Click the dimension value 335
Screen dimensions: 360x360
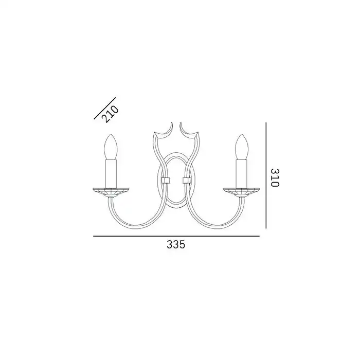(x=176, y=244)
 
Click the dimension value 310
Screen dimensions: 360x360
(x=275, y=178)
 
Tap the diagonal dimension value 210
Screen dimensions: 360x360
(x=111, y=114)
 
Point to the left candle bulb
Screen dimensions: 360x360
(x=111, y=147)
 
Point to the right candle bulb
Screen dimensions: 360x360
(x=242, y=147)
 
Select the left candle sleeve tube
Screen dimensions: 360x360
(x=111, y=174)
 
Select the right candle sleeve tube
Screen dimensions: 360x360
(x=242, y=174)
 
